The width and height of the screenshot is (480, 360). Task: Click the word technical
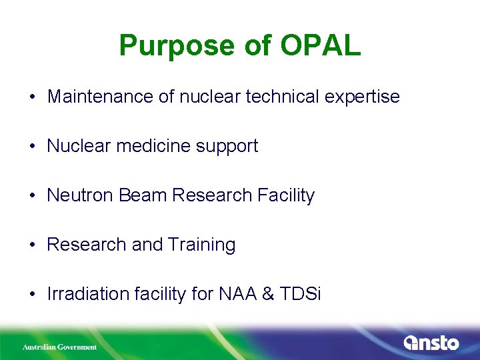[x=280, y=97]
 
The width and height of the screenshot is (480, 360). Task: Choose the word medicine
[x=147, y=146]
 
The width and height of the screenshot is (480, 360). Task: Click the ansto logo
[x=431, y=343]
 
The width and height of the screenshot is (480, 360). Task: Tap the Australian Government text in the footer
[x=59, y=347]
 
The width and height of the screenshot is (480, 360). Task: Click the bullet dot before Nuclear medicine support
[x=32, y=147]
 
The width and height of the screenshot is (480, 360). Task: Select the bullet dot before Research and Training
[x=32, y=245]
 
